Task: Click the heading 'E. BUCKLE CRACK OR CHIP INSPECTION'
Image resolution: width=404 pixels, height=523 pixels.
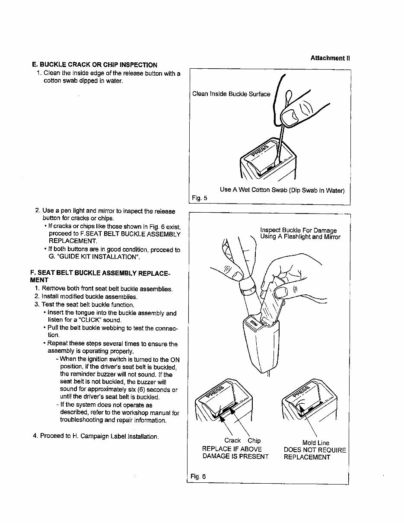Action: (x=95, y=65)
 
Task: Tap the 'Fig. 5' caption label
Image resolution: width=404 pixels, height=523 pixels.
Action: (x=199, y=198)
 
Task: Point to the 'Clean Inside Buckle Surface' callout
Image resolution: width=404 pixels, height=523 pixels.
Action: (x=231, y=94)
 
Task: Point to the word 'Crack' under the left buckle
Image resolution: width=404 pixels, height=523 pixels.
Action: (x=232, y=440)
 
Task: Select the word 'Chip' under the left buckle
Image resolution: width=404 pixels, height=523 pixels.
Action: (x=254, y=440)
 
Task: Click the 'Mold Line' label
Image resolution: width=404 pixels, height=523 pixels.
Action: (x=315, y=443)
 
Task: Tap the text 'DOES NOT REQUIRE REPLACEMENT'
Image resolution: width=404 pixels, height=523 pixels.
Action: (x=315, y=453)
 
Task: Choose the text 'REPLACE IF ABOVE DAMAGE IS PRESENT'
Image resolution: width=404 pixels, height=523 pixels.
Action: (x=235, y=453)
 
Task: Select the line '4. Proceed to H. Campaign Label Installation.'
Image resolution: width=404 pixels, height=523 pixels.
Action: (x=95, y=436)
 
